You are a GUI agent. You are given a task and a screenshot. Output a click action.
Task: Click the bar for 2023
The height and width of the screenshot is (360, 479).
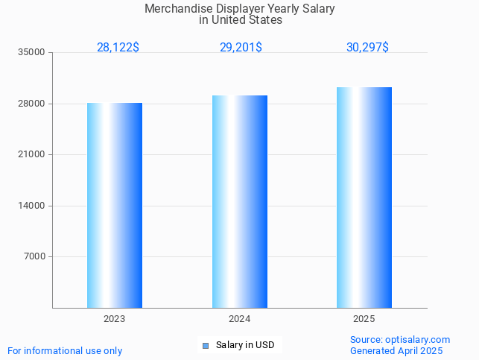[x=115, y=205]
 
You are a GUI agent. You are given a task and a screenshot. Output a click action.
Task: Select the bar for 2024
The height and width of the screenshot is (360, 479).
[x=240, y=201]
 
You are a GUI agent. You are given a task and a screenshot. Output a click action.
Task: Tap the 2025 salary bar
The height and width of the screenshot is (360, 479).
[x=364, y=198]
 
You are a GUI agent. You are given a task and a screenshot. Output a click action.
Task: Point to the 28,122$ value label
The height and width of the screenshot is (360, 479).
[x=118, y=47]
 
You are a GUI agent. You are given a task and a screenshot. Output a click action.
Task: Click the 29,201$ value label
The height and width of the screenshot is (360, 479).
[x=241, y=47]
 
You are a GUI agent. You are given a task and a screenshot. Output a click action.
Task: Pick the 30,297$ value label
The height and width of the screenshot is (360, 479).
[x=367, y=47]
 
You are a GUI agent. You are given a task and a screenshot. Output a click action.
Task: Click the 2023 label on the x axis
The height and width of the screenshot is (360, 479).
[x=115, y=318]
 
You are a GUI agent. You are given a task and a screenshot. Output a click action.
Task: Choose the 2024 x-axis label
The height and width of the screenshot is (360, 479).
[x=240, y=318]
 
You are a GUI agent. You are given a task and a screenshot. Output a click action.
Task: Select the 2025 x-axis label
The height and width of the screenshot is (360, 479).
[x=364, y=318]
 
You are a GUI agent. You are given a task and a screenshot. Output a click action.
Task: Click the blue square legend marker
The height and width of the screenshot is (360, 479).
[x=206, y=345]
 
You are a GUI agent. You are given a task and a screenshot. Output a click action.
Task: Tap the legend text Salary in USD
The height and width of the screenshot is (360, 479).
[x=245, y=345]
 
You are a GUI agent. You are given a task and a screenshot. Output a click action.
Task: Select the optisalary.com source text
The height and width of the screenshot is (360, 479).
[x=417, y=339]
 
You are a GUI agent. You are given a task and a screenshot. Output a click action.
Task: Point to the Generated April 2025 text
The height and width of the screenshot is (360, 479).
[x=396, y=350]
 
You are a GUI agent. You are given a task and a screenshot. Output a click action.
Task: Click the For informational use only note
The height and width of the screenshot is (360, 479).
[x=65, y=350]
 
